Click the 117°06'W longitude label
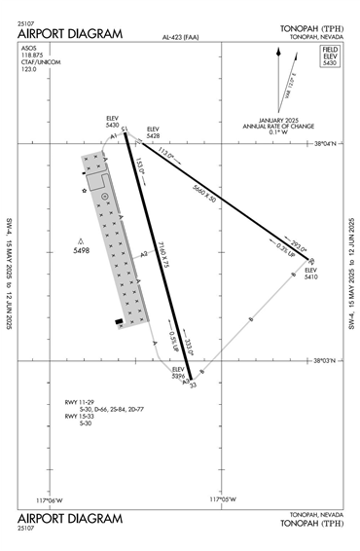coord(49,499)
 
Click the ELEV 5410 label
coord(311,274)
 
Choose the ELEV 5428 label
coord(153,133)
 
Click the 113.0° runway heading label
coord(165,153)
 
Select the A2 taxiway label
coord(143,254)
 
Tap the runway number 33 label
coord(193,386)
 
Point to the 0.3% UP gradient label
coord(284,249)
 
